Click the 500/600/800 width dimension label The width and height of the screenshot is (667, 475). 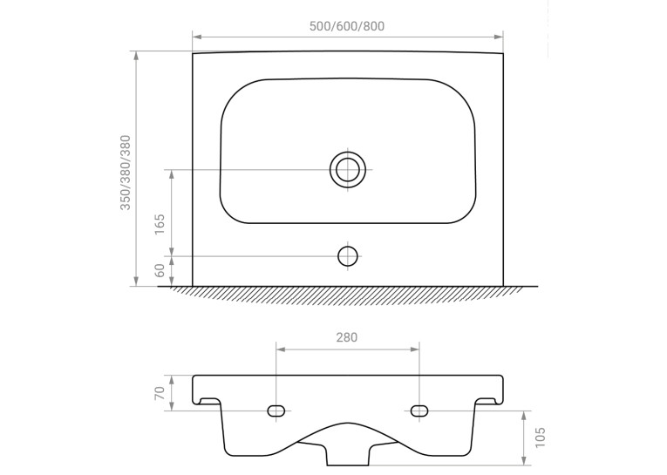[347, 26]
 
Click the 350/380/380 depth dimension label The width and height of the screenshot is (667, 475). [126, 173]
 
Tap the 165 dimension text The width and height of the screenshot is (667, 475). [159, 224]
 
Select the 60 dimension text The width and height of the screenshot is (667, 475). [159, 270]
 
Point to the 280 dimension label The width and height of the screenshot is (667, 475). [347, 337]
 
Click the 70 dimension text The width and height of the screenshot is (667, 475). [159, 393]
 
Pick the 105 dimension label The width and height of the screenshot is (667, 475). [540, 438]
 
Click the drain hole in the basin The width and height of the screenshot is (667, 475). [348, 169]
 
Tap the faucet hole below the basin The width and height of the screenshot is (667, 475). [348, 256]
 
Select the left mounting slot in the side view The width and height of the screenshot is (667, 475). [276, 411]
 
